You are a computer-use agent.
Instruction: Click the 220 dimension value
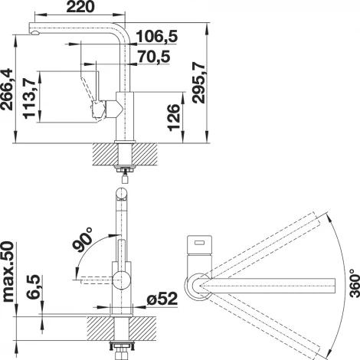(80, 7)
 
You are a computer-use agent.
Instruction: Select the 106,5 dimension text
(157, 36)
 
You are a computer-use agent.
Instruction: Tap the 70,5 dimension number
(154, 57)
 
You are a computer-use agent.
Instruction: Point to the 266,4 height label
(7, 89)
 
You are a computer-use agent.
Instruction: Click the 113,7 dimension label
(29, 99)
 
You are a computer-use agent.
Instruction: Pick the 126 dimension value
(175, 117)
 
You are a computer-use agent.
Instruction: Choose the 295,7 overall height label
(199, 83)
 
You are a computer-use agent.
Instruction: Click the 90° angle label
(83, 239)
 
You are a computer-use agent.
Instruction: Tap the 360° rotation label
(354, 283)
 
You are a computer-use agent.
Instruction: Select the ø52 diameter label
(162, 299)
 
